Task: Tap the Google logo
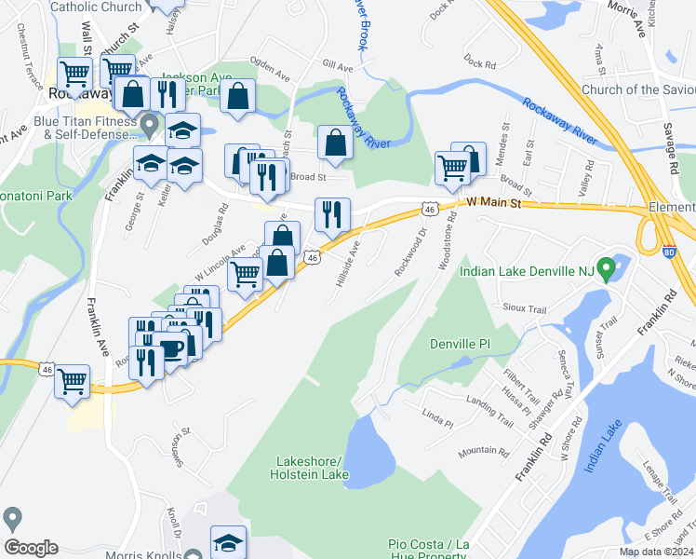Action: point(31,548)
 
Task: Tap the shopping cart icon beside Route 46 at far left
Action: point(72,380)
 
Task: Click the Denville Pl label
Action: point(460,344)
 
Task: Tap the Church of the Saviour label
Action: point(637,90)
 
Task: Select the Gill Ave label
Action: point(338,67)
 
